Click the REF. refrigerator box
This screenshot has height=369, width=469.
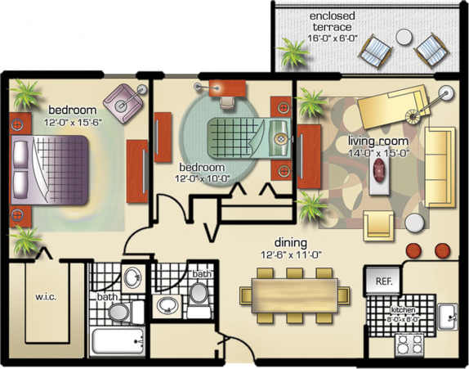(x=384, y=279)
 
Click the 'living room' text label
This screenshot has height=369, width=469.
(x=377, y=139)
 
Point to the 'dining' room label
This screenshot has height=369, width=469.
(x=290, y=243)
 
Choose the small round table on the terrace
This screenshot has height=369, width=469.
(x=404, y=37)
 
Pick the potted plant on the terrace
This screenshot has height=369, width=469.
(x=292, y=55)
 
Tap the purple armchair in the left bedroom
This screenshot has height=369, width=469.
(x=123, y=102)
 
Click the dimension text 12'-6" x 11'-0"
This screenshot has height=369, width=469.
(x=290, y=254)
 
